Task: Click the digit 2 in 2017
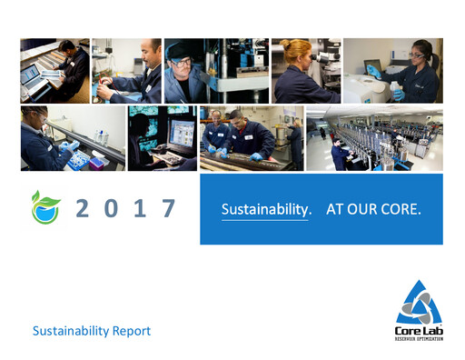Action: (x=83, y=208)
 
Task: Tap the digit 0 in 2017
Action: (x=111, y=208)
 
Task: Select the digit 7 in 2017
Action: (x=168, y=208)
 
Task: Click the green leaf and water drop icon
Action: (x=43, y=207)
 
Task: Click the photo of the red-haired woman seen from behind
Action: (x=305, y=70)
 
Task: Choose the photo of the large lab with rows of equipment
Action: (x=374, y=138)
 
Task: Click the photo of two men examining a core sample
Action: (x=251, y=138)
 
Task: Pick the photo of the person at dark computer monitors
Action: (x=162, y=138)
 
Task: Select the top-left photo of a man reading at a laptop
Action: (x=54, y=70)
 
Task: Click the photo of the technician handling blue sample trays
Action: (x=73, y=138)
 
